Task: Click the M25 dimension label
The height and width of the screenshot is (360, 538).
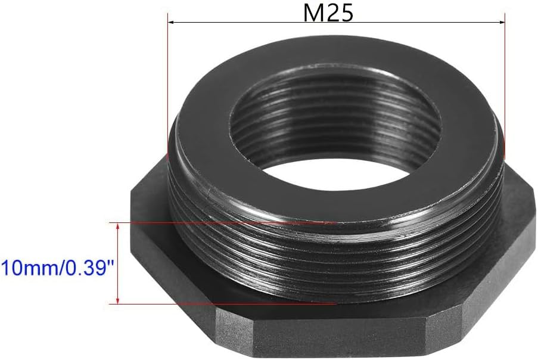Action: [x=328, y=13]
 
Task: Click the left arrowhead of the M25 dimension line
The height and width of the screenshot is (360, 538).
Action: [x=171, y=22]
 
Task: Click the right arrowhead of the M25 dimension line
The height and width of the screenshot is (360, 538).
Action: [x=502, y=22]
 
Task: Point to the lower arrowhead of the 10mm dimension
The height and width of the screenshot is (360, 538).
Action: [x=118, y=300]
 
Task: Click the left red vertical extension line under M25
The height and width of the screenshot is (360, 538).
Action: [x=167, y=86]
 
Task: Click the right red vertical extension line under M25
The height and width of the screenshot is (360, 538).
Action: [x=505, y=86]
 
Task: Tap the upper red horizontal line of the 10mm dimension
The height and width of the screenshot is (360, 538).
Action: [x=223, y=223]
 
